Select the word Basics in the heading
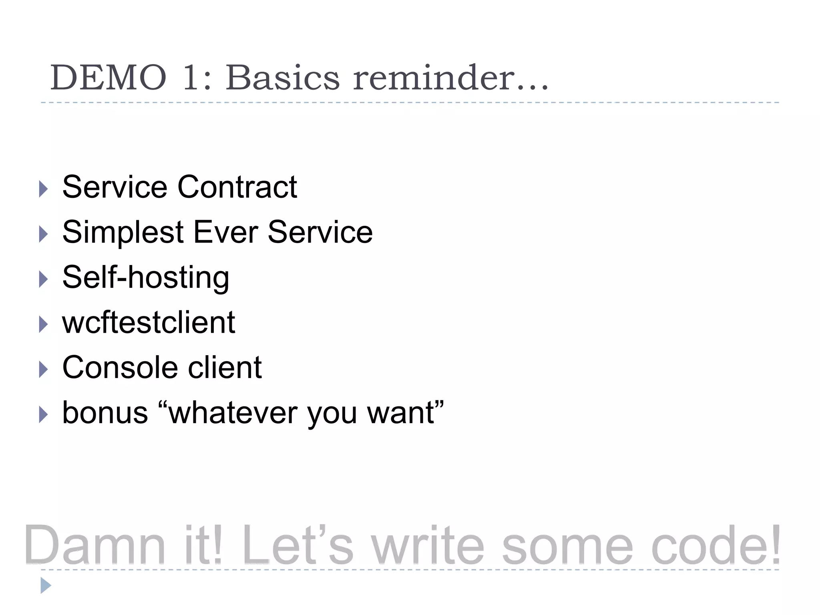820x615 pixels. point(283,78)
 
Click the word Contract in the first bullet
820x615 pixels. point(237,187)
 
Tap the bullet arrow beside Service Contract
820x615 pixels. point(43,189)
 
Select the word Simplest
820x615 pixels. point(123,232)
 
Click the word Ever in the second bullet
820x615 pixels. point(225,232)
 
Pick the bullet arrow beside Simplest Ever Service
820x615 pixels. point(43,234)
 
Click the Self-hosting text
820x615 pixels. point(146,277)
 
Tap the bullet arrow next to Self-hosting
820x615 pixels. point(43,279)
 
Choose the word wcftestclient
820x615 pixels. point(149,322)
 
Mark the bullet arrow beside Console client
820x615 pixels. point(43,370)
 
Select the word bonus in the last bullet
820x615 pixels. point(105,413)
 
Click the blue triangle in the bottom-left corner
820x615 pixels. point(46,586)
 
